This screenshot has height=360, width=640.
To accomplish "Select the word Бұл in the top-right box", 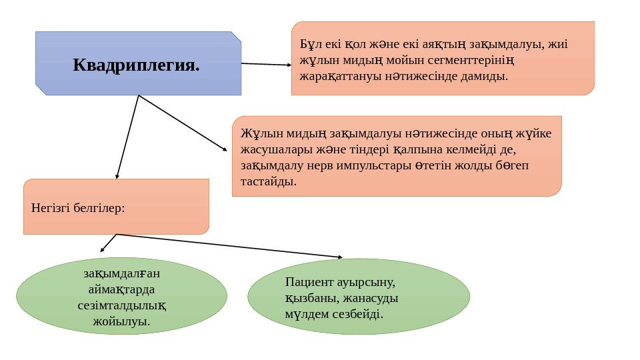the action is point(310,45).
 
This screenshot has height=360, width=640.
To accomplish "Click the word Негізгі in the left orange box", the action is point(49,207).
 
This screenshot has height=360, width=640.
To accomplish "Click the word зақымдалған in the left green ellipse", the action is point(121,274).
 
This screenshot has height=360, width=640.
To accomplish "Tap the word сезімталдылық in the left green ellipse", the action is point(121,306).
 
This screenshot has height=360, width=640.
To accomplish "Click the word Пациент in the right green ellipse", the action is point(307,282).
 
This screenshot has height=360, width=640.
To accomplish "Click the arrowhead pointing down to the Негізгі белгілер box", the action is point(117,176).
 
